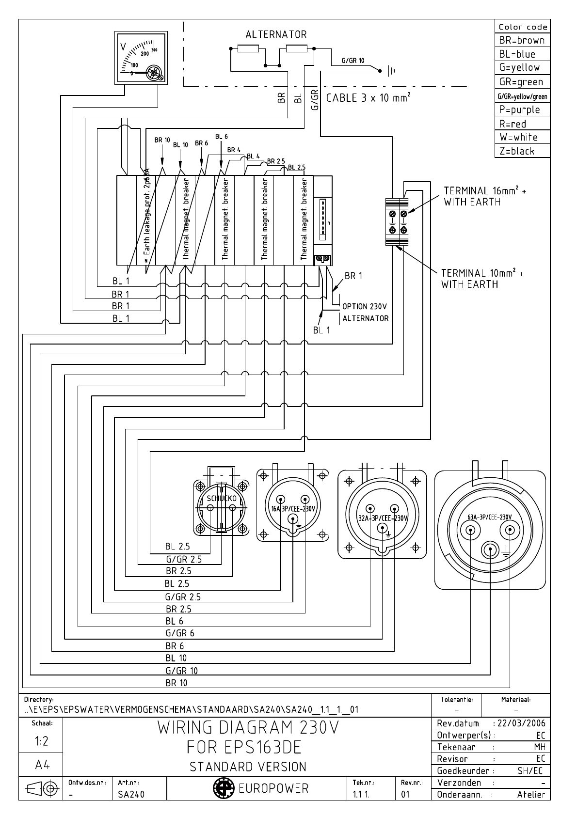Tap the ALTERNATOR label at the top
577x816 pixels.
click(276, 34)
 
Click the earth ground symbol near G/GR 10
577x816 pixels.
click(391, 71)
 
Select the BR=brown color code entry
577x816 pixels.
click(522, 40)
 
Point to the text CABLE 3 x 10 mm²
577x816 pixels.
click(369, 98)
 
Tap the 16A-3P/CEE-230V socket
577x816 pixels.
click(292, 508)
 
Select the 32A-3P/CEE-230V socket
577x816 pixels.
click(382, 518)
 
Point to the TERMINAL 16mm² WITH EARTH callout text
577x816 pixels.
click(484, 196)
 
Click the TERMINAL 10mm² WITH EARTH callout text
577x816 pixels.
click(482, 279)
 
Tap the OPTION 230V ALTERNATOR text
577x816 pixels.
click(365, 313)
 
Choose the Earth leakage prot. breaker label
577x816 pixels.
click(146, 218)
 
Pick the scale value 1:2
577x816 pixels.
click(41, 741)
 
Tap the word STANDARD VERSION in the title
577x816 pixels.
click(248, 767)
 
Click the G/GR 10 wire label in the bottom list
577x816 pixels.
click(181, 671)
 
